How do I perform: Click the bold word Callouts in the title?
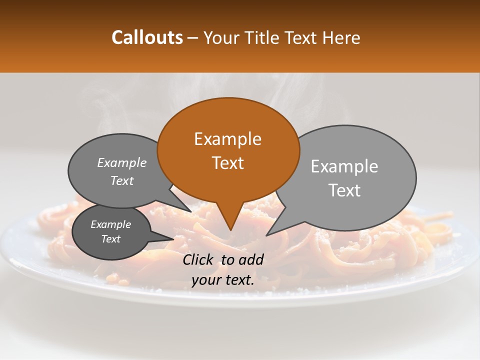coord(147,37)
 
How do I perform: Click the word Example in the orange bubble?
coord(227,139)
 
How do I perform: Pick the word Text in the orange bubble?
coord(227,163)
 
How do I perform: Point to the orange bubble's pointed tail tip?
coord(230,230)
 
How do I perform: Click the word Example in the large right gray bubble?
coord(344,166)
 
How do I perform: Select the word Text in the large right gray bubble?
coord(344,190)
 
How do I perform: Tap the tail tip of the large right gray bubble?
coord(266,235)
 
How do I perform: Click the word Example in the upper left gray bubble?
coord(122,162)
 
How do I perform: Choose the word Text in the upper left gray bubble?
coord(122,180)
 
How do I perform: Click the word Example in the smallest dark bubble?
coord(110,224)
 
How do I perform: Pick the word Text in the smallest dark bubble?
coord(110,239)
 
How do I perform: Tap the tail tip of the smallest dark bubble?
coord(174,239)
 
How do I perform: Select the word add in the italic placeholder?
coord(251,259)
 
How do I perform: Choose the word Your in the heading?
coord(220,37)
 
